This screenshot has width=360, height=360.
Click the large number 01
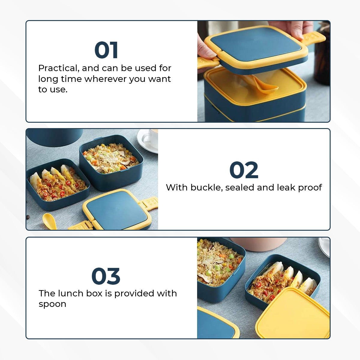(106, 50)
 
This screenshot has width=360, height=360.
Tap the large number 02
(244, 170)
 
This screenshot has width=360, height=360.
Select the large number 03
(106, 276)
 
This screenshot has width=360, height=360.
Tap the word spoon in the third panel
(52, 304)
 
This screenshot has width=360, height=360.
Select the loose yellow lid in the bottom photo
(292, 313)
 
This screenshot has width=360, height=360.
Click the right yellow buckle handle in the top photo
(313, 38)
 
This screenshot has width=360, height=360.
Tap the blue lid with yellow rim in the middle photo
(117, 210)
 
